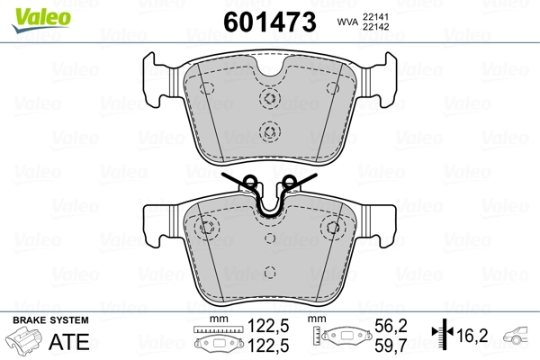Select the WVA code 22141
[378, 15]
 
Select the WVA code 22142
[378, 28]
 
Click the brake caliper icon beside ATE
[25, 343]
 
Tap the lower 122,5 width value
[261, 345]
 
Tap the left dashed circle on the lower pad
[206, 227]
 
